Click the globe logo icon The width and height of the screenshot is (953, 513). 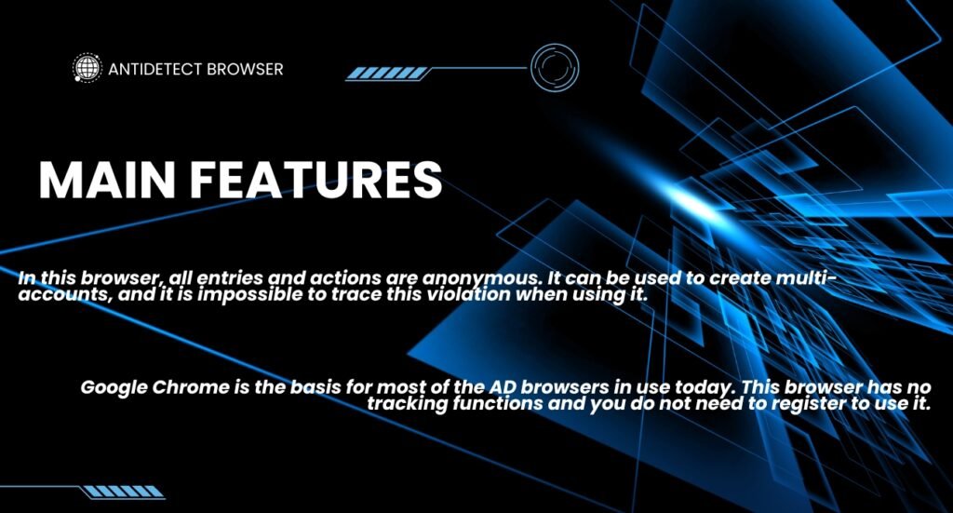coord(87,67)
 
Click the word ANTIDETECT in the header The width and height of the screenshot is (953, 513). coord(154,69)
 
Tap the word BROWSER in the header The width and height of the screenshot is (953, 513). coord(245,69)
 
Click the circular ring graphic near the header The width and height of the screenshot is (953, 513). coord(555,44)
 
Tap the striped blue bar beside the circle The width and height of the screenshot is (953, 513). coord(387,74)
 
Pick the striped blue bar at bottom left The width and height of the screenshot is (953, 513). coord(124,492)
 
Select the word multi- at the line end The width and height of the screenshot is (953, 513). coord(807,277)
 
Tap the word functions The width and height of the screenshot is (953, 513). coord(498,403)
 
